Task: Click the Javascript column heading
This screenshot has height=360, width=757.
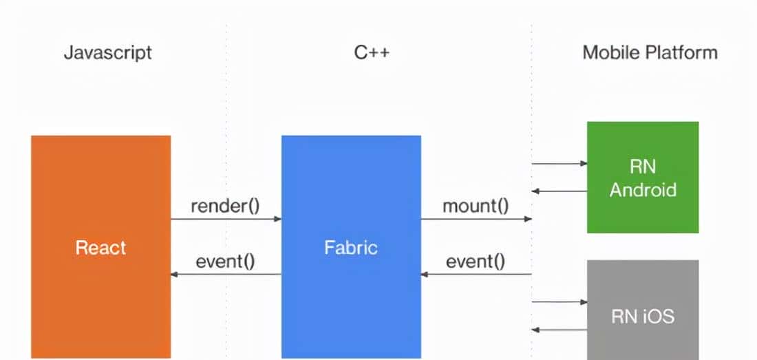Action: pos(107,53)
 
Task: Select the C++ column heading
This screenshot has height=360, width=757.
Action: pos(372,53)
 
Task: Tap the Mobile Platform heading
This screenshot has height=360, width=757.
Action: pos(650,53)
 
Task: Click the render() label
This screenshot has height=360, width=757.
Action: pos(225,206)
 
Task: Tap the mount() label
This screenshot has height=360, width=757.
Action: pos(476,206)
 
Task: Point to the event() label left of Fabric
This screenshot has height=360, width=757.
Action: pos(225,262)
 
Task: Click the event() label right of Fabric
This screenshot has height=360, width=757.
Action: pos(476,262)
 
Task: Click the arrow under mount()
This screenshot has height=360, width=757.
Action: pos(476,219)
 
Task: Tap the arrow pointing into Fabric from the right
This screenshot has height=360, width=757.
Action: pos(476,275)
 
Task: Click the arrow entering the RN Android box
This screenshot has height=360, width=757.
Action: pos(559,164)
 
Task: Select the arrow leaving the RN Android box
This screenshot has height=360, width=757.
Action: pos(559,191)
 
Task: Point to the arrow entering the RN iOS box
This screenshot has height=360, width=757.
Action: pos(559,302)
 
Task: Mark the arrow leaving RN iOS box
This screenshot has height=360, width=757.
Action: pos(559,330)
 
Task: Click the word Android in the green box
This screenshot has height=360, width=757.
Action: pos(643,189)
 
